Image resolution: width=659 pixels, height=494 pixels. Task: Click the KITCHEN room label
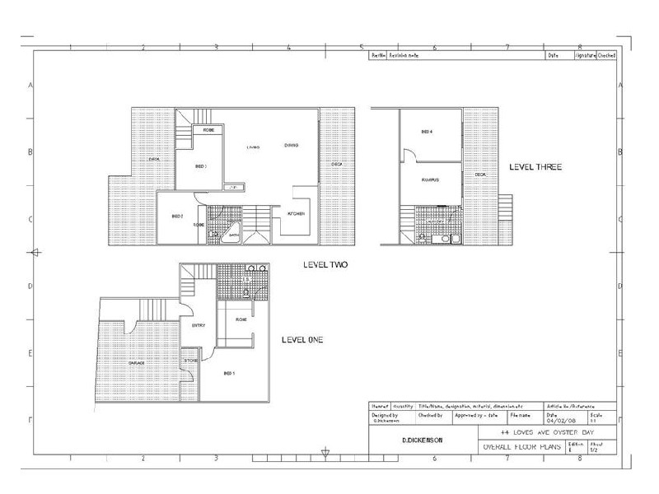point(297,213)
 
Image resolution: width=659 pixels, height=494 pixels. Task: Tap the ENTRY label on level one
point(197,325)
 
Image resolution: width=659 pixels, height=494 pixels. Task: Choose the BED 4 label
point(427,132)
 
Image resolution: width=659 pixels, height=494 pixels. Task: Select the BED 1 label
point(228,372)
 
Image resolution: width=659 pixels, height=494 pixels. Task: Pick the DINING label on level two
point(291,147)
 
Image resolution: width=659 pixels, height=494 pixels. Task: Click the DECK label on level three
point(480,175)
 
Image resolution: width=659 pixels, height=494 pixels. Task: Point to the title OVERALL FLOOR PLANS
point(520,447)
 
